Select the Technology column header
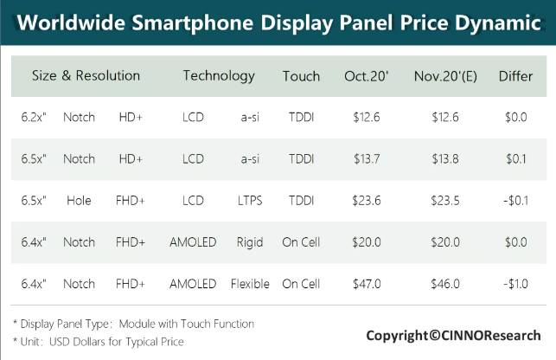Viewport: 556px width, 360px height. point(219,76)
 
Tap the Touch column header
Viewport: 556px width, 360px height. point(301,76)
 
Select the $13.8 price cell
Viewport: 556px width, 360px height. point(444,158)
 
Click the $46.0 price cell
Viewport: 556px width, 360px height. point(444,284)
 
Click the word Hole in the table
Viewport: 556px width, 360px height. point(79,201)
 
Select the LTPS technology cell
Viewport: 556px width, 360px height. point(250,201)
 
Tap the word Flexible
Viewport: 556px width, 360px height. point(250,284)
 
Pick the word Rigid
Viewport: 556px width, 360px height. point(250,242)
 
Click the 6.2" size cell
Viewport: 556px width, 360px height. point(34,117)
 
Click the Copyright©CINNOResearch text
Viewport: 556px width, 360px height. point(453,335)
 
